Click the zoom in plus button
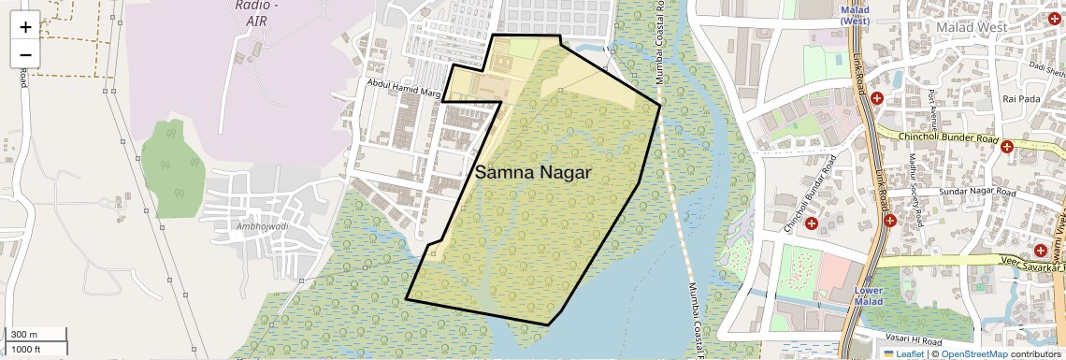point(25,26)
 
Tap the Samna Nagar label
point(533,173)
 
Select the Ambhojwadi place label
point(249,226)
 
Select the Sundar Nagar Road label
point(975,191)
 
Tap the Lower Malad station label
point(869,296)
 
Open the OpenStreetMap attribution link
point(973,353)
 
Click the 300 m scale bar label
point(24,335)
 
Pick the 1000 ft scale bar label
point(26,349)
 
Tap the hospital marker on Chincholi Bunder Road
point(1007,147)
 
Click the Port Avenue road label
point(932,106)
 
